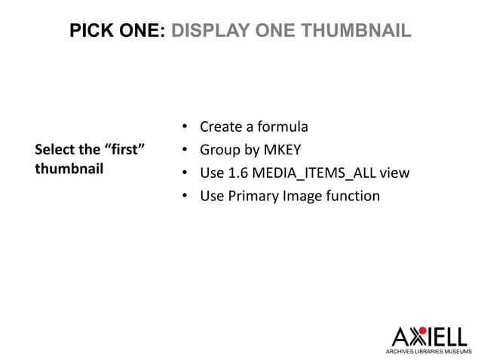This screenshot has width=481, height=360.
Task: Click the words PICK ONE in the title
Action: coord(115,31)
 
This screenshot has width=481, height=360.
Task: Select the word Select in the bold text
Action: coord(56,150)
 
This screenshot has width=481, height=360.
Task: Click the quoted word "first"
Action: coord(124,150)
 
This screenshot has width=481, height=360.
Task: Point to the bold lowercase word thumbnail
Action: coord(69,168)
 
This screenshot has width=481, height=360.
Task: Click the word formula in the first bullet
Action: coord(283,127)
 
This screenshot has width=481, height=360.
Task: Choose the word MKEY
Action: coord(281,150)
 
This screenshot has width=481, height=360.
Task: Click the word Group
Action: coord(219,150)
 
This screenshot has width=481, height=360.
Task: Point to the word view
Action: coord(395,173)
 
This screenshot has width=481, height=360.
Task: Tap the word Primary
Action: coord(252,197)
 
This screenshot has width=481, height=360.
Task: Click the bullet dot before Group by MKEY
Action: coord(185,150)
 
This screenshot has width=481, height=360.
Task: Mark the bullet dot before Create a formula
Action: coord(185,127)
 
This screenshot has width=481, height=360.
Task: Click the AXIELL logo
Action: coord(429,336)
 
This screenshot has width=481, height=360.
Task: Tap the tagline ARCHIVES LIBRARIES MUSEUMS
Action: coord(429,352)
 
